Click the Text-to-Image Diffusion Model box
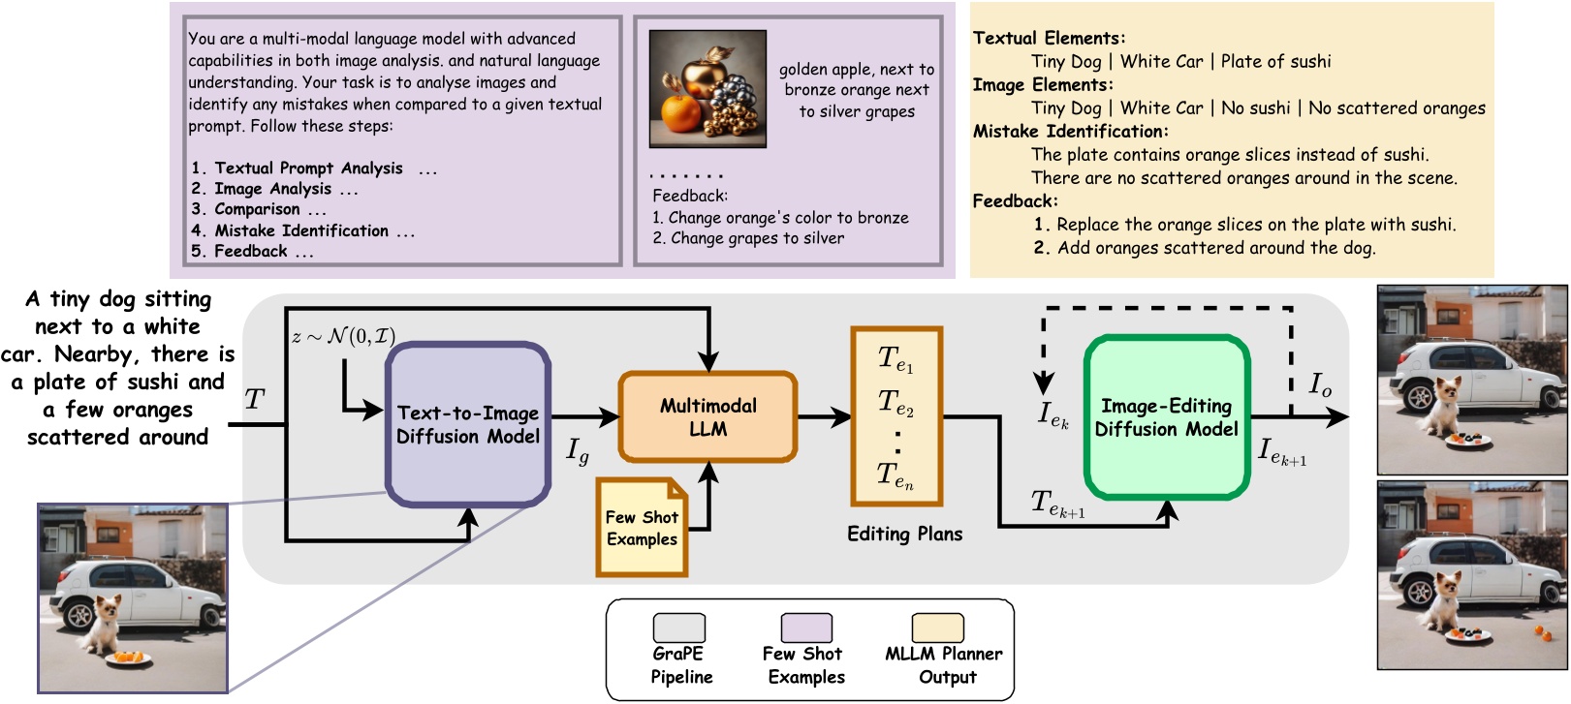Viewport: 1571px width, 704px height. point(468,424)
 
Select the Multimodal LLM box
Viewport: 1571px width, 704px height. point(707,416)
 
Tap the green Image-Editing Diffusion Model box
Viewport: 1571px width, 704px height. point(1166,417)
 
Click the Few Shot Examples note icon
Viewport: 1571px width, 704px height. point(642,528)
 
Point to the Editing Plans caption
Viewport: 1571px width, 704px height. point(904,535)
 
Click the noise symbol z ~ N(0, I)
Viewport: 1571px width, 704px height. point(343,337)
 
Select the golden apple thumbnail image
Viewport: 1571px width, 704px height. point(707,88)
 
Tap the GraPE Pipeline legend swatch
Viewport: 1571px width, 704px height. point(678,628)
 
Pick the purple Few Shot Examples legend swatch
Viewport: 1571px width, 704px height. point(805,628)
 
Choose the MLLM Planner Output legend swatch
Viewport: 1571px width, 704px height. point(936,628)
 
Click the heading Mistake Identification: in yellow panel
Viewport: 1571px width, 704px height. point(1070,132)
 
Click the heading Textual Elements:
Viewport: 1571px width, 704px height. point(1049,39)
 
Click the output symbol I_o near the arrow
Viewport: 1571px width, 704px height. point(1320,385)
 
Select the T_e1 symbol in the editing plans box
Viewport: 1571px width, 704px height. point(895,359)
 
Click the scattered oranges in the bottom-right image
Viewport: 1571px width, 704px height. point(1541,633)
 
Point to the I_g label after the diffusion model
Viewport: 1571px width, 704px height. point(578,450)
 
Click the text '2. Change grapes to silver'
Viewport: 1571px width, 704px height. point(747,239)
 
